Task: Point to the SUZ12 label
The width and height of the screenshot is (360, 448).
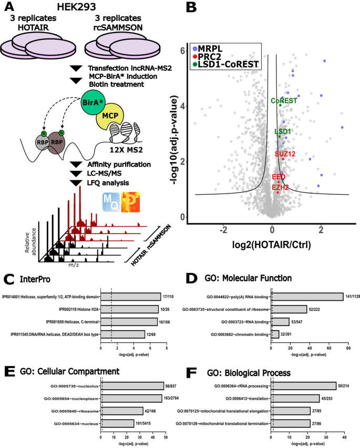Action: point(285,154)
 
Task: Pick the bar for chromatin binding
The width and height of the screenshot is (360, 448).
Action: point(275,334)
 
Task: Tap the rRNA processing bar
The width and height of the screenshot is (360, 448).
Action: point(303,385)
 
